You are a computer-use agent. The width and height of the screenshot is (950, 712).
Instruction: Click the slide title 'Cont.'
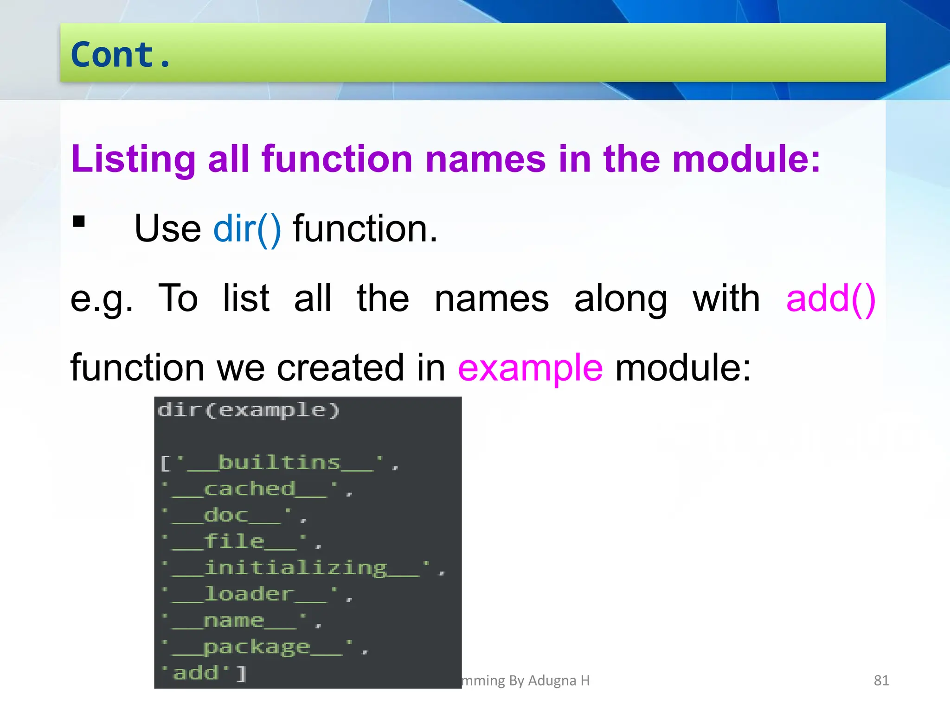(121, 55)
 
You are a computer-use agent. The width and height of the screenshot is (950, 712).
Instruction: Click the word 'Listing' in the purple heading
(133, 159)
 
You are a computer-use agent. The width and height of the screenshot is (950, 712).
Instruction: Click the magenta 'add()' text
(830, 299)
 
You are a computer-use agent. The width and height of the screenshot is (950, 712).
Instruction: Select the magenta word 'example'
(530, 368)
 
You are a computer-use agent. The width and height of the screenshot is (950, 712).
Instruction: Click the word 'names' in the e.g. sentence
(492, 299)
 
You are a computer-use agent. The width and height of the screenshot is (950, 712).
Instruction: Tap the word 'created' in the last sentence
(340, 368)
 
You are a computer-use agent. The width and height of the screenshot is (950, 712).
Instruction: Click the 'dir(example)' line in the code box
(249, 410)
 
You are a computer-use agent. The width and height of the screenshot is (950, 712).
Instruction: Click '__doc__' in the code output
(227, 515)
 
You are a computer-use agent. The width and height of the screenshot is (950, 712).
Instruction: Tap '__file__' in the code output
(235, 541)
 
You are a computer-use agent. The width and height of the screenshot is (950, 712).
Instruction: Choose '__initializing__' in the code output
(296, 568)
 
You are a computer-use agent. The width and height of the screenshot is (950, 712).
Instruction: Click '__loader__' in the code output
(250, 594)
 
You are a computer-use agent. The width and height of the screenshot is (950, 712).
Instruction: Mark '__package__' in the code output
(257, 647)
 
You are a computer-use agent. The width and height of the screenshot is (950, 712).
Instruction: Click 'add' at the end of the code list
(196, 673)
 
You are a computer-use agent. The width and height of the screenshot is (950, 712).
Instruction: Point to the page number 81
(881, 680)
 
